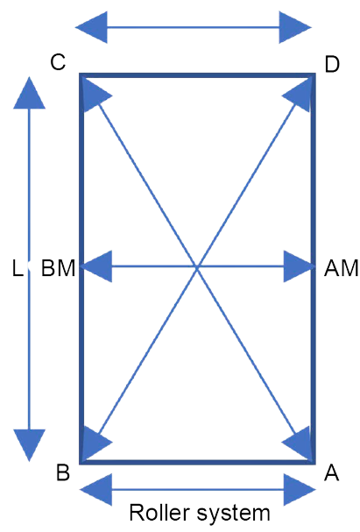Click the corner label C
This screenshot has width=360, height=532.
[x=58, y=62]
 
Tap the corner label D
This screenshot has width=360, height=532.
[x=332, y=65]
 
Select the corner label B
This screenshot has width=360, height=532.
[x=63, y=472]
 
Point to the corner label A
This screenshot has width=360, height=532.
[x=331, y=472]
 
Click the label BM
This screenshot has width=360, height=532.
[x=58, y=268]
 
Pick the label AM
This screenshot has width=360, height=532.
[x=342, y=268]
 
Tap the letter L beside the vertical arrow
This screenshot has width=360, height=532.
[x=18, y=268]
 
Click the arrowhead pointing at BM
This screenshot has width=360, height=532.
[x=97, y=266]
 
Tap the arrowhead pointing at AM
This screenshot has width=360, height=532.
[x=298, y=266]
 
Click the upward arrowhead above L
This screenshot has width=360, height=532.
[x=29, y=93]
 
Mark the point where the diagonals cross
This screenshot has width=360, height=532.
[x=197, y=267]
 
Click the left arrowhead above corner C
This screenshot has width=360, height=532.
[x=91, y=27]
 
